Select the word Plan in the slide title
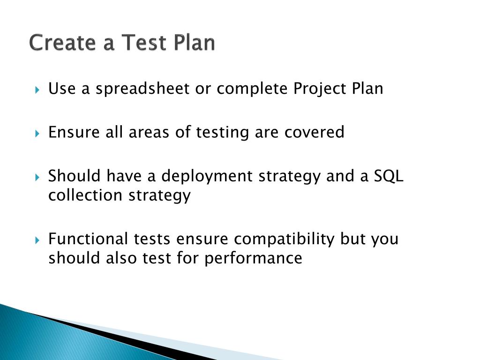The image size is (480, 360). coord(194,42)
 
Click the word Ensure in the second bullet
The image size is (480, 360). coord(74,133)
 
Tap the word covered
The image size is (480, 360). coord(315,133)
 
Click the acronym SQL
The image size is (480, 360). coord(389,176)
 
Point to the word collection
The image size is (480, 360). coord(85,195)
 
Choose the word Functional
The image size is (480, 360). coord(88,239)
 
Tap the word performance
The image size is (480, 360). coord(253,258)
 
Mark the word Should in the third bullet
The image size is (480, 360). coord(75,176)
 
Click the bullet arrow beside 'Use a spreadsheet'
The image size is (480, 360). coord(37,90)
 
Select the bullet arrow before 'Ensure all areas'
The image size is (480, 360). coord(37,134)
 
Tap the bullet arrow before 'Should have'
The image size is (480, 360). coord(37,177)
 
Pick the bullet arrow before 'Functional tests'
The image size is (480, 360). coord(37,240)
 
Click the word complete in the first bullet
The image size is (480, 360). coord(252,89)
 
